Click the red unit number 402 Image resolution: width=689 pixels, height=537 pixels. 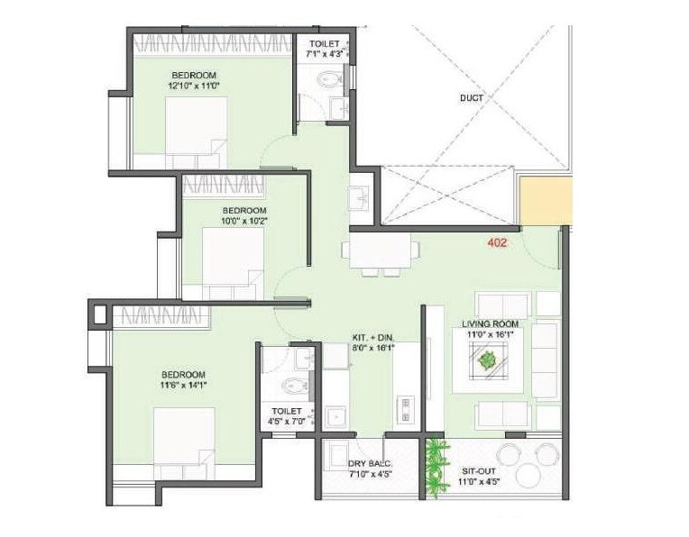498,242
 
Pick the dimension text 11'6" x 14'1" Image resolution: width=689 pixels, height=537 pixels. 184,386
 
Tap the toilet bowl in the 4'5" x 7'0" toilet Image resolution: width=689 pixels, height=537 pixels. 291,387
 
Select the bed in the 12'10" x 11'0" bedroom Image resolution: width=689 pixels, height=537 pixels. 195,129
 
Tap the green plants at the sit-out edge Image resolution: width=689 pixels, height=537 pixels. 437,466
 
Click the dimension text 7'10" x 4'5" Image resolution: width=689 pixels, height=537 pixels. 370,476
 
